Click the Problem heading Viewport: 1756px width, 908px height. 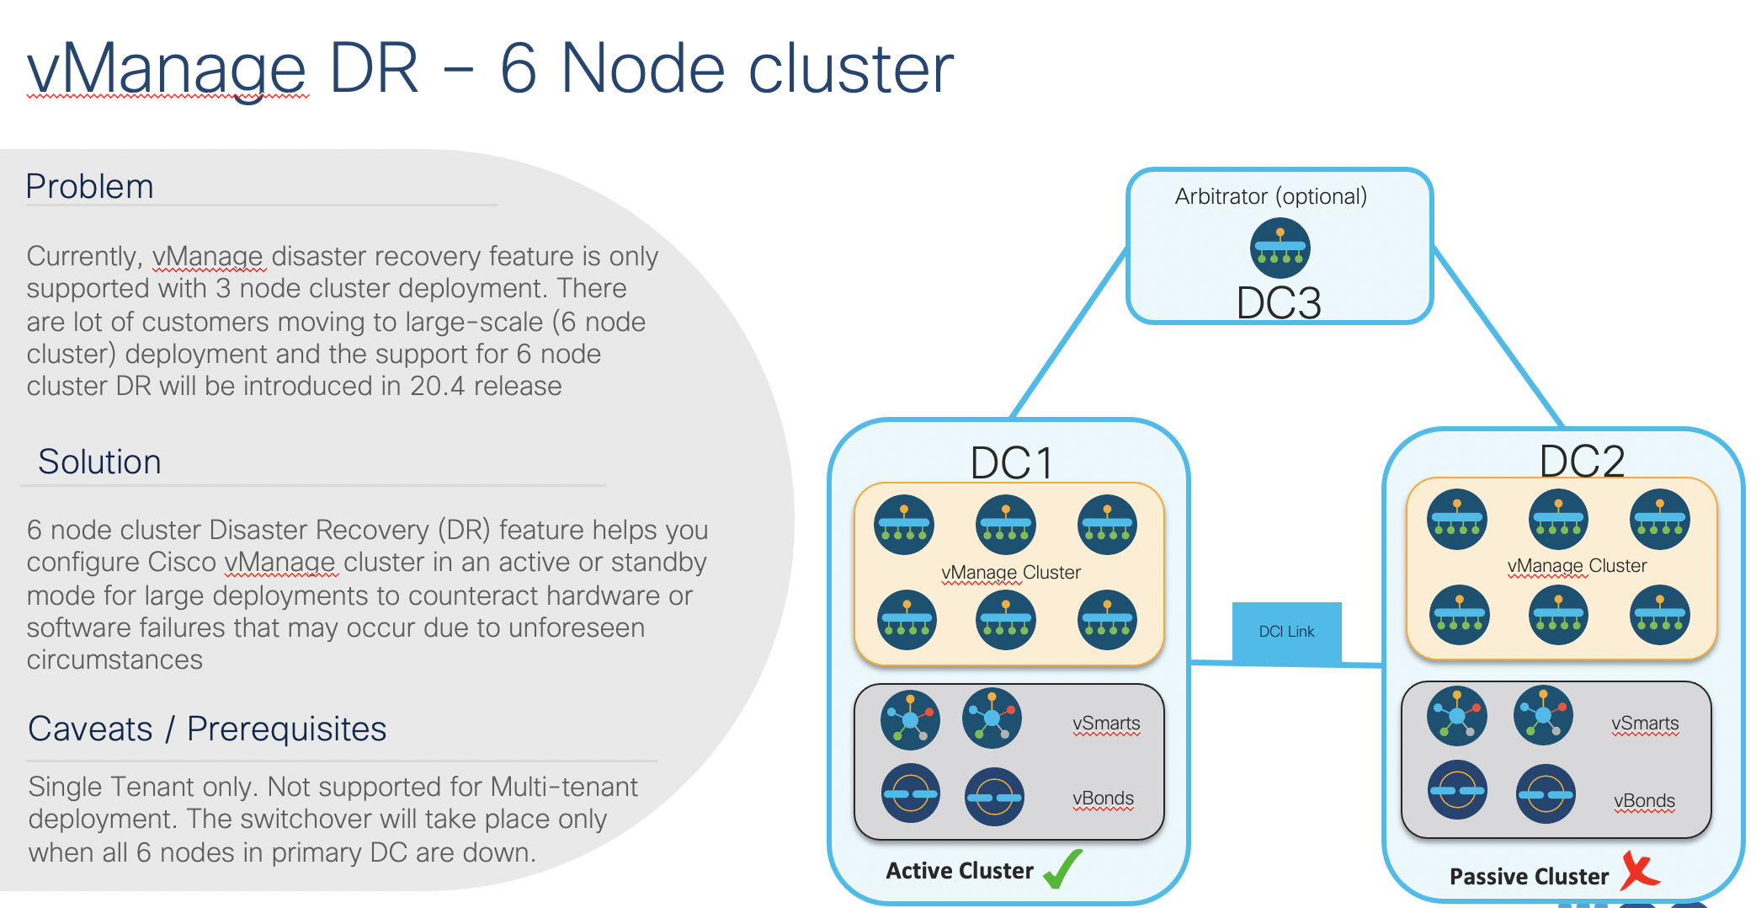point(89,186)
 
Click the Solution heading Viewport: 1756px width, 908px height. point(99,462)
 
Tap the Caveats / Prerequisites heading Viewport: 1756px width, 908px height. point(207,729)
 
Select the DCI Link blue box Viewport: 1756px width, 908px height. point(1286,632)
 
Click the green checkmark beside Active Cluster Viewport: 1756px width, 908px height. point(1062,869)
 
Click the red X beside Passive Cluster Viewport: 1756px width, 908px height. point(1638,872)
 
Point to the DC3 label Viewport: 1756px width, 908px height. point(1279,303)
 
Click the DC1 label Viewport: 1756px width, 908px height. point(1011,462)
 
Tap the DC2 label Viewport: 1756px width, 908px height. point(1582,461)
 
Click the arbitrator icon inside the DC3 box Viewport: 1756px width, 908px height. point(1280,248)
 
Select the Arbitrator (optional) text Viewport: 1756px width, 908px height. point(1270,196)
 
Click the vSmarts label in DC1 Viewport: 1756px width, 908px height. point(1106,724)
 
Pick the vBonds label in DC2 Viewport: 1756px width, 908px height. point(1644,801)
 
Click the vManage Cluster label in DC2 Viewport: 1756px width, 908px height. point(1577,566)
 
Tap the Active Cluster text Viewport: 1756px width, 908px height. point(959,871)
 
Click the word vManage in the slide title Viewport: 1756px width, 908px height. point(167,69)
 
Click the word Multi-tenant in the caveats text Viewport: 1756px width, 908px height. point(564,787)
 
